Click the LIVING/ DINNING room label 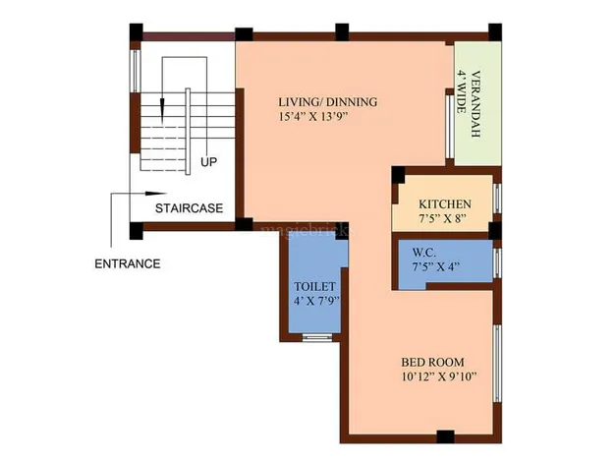328,102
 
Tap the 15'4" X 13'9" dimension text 313,117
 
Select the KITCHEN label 445,204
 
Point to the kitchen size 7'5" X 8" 442,218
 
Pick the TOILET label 315,287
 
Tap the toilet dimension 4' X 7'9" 317,301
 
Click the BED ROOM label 432,362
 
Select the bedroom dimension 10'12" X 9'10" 439,376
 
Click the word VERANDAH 475,104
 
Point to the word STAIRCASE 189,208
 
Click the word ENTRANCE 128,263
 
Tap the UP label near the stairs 208,162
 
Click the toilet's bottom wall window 317,337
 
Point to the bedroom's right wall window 497,363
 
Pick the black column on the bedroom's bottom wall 446,436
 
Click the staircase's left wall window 136,71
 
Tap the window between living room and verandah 450,127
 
